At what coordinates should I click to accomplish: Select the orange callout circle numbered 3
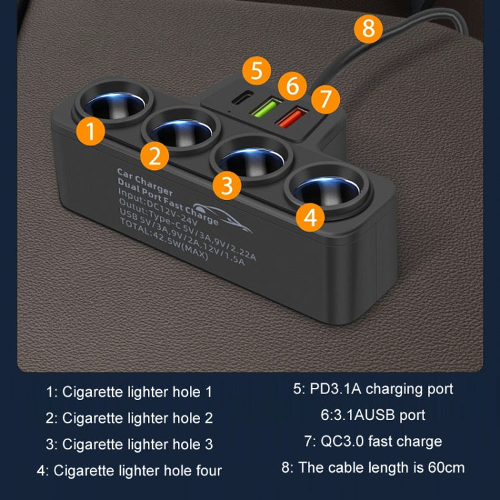227,185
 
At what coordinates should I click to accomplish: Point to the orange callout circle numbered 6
292,86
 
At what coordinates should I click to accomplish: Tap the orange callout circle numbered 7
325,99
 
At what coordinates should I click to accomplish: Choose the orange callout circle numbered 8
369,29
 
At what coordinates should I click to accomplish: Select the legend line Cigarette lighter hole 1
129,391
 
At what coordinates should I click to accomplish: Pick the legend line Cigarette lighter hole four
129,471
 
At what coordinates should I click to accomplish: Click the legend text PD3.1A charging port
373,389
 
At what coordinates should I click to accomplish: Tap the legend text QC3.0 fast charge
373,441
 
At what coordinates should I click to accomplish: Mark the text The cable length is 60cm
373,467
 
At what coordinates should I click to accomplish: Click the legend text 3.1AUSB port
373,415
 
